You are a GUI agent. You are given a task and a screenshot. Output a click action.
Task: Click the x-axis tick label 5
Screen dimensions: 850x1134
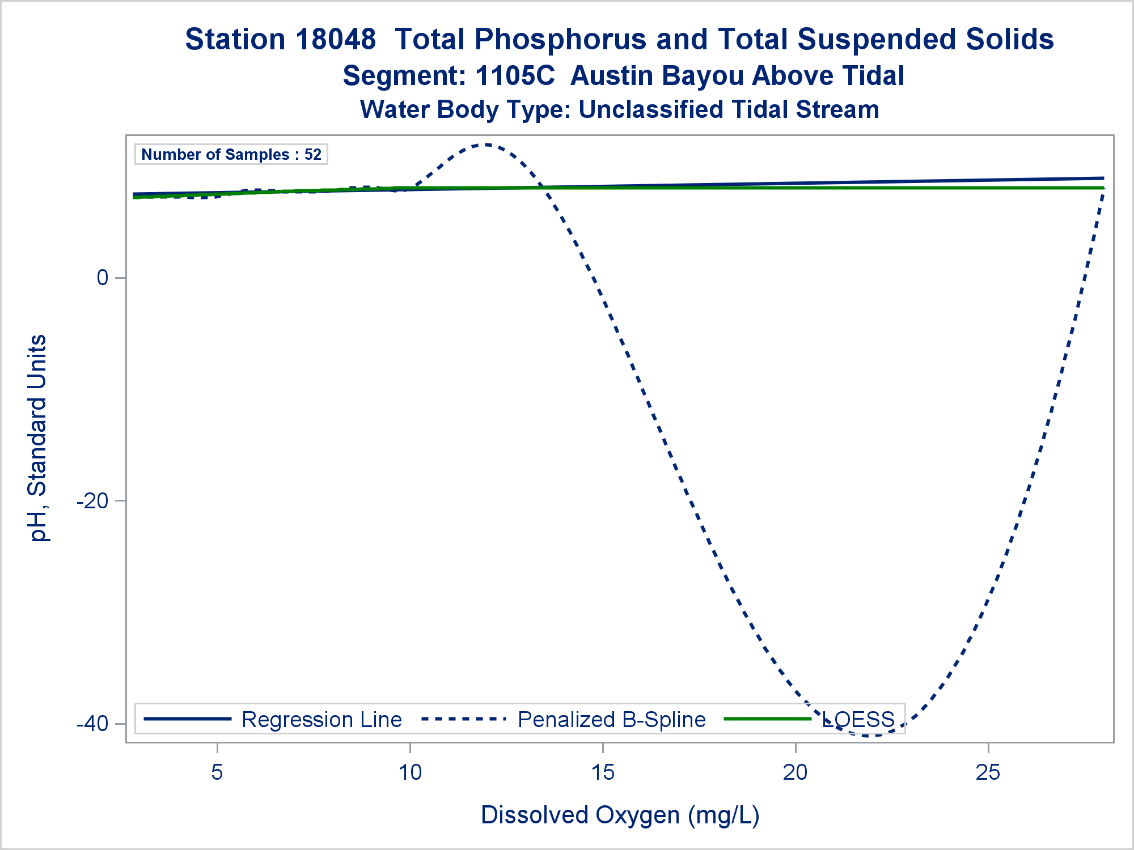[x=217, y=772]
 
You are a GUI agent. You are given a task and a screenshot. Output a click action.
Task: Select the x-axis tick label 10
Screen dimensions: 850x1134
[x=410, y=772]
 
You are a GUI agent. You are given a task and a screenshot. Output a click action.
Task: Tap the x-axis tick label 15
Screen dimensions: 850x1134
[x=603, y=772]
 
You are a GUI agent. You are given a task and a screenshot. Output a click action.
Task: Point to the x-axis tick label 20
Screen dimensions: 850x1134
[x=796, y=772]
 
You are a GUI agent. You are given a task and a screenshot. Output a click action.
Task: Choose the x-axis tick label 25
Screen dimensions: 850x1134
[x=988, y=772]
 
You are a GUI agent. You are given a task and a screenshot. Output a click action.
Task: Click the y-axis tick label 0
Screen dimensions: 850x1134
[x=103, y=278]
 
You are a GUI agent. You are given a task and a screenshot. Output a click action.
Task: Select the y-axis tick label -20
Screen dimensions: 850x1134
[x=92, y=501]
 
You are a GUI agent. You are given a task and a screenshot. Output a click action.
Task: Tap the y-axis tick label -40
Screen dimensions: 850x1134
[x=92, y=724]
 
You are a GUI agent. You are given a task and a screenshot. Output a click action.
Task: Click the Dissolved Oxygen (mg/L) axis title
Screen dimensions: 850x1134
[x=620, y=815]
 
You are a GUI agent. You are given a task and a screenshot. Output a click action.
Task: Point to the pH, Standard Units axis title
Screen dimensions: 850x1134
[x=39, y=438]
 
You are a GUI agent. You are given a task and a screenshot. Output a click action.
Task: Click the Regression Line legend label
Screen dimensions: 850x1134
[x=321, y=720]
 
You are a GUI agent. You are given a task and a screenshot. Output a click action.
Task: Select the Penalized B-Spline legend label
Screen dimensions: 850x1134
[x=611, y=720]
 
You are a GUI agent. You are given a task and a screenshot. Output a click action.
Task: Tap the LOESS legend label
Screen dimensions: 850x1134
[x=858, y=720]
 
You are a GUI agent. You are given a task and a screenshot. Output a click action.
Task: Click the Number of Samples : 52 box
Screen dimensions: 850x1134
[x=231, y=154]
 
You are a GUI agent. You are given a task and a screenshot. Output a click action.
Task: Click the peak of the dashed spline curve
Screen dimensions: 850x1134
[x=486, y=145]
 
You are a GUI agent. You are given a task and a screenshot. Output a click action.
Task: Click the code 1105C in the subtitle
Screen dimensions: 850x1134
[x=515, y=76]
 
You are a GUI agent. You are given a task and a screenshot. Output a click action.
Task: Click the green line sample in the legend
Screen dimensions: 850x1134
[x=768, y=719]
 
